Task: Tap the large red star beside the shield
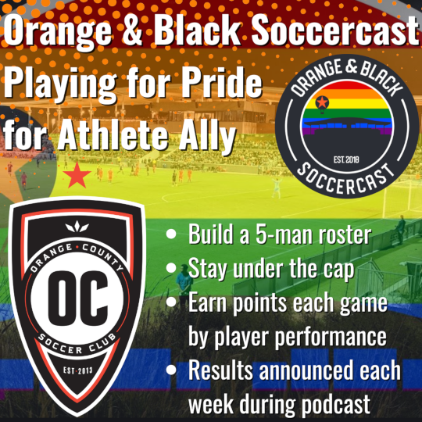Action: (77, 177)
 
